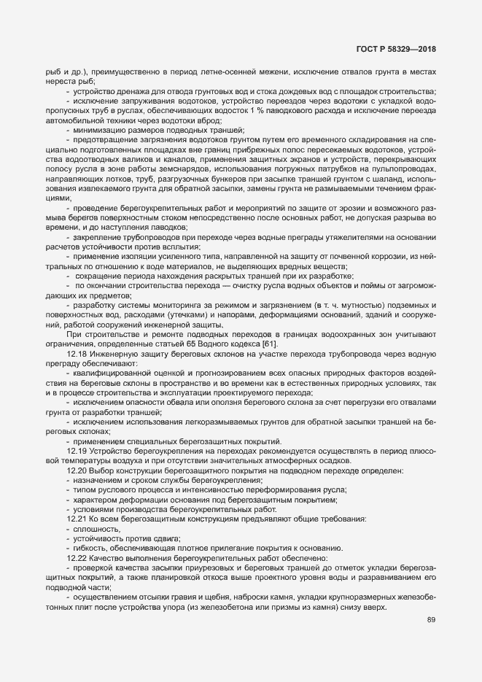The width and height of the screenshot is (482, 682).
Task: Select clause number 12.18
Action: click(x=77, y=352)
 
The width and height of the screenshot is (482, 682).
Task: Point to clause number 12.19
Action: click(x=77, y=452)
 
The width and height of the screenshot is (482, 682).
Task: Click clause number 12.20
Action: click(x=77, y=471)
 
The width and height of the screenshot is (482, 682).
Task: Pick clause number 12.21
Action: click(x=77, y=519)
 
